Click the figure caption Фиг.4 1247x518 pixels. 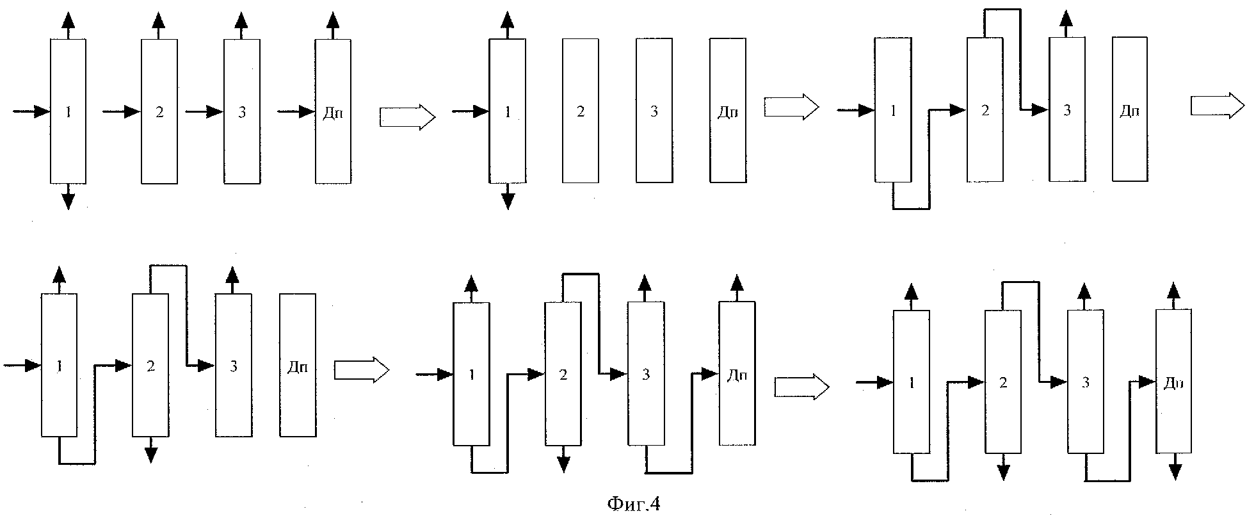point(632,505)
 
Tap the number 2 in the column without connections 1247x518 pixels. point(581,111)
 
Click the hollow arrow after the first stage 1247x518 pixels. point(408,117)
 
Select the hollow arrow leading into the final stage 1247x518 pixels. point(801,387)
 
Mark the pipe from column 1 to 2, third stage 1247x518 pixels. point(912,208)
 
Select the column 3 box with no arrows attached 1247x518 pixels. point(654,110)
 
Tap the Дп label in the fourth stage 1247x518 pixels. point(298,368)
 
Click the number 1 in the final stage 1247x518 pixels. point(911,383)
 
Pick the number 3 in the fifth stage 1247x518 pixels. point(645,375)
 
